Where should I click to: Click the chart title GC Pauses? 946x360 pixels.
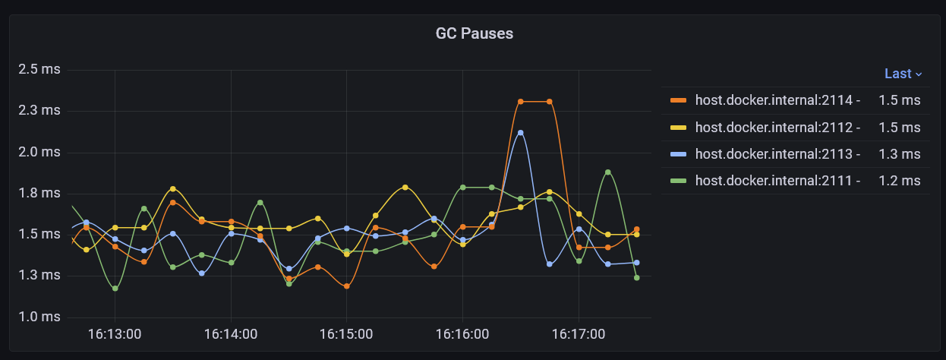click(474, 33)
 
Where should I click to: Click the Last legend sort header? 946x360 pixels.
click(902, 74)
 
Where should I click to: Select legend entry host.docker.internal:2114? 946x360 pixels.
click(777, 100)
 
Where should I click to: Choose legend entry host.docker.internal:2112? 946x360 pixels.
click(777, 128)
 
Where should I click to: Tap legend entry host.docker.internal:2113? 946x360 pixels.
click(777, 154)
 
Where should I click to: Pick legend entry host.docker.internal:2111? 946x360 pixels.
click(777, 181)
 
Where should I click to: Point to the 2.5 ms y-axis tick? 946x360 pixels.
click(39, 70)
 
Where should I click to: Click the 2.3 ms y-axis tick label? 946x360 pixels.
click(39, 111)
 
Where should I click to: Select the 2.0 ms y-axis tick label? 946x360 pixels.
click(39, 152)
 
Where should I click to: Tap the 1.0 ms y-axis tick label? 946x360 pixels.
click(39, 317)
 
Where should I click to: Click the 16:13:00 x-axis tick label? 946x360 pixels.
click(114, 334)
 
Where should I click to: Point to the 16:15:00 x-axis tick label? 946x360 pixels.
click(346, 334)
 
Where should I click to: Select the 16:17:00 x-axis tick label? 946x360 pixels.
click(579, 334)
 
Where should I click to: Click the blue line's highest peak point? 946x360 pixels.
click(520, 133)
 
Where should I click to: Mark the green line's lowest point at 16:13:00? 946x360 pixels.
click(115, 289)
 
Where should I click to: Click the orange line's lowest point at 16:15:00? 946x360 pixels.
click(346, 286)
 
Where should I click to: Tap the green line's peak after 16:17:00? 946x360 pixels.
click(608, 172)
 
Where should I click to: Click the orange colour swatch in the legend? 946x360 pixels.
click(679, 100)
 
